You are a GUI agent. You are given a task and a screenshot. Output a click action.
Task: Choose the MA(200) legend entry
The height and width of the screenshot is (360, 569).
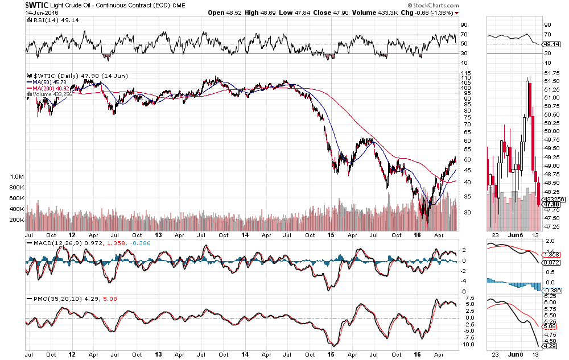[x=50, y=88]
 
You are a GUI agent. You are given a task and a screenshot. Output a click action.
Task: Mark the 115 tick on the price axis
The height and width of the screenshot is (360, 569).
[x=465, y=73]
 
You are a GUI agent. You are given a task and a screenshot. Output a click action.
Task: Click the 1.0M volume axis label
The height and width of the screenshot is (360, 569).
[x=16, y=177]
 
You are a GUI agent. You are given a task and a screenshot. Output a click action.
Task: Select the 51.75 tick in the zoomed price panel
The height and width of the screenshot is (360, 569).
[x=550, y=73]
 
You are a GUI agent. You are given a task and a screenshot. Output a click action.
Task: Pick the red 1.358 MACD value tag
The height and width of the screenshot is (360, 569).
[x=550, y=255]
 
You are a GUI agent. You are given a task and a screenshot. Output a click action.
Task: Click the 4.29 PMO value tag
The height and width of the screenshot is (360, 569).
[x=549, y=346]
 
